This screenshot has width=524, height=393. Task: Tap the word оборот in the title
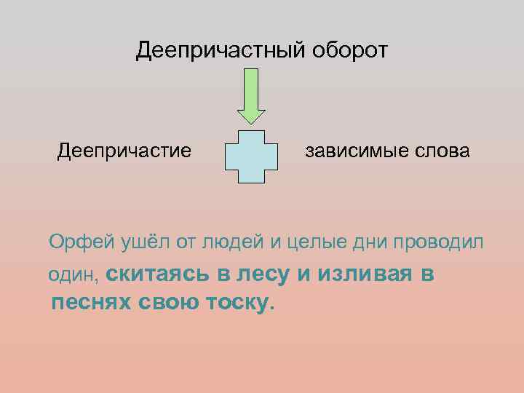coord(351,51)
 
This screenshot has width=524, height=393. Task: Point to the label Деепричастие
coord(124,151)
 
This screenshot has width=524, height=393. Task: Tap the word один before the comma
coord(72,274)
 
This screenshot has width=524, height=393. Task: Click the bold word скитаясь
coord(159,274)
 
